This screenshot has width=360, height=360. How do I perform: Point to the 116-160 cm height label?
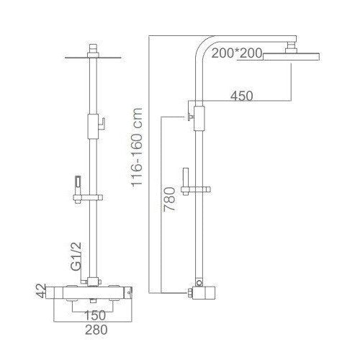click(x=138, y=148)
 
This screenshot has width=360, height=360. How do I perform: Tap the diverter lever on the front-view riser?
click(x=102, y=123)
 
